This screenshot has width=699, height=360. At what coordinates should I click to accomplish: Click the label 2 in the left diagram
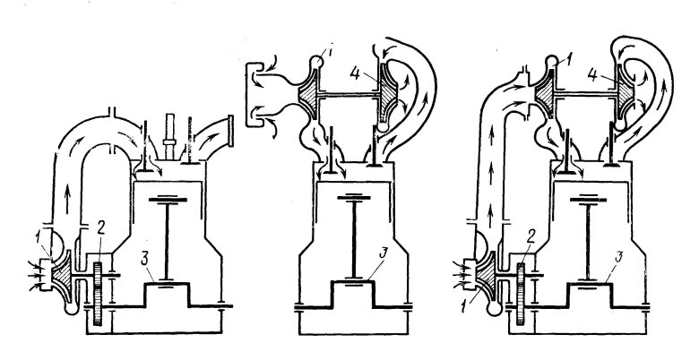[x=100, y=228]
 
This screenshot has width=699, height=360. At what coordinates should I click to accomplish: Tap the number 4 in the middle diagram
[x=355, y=74]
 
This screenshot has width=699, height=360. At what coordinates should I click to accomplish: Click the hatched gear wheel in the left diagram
[x=98, y=293]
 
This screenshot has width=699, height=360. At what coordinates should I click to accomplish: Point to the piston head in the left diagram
[x=168, y=199]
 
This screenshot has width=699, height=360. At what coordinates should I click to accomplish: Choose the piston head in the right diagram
[x=588, y=199]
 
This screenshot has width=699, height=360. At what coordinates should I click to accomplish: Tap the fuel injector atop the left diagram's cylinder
[x=169, y=136]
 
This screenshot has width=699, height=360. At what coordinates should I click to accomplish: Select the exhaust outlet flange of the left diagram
[x=230, y=131]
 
